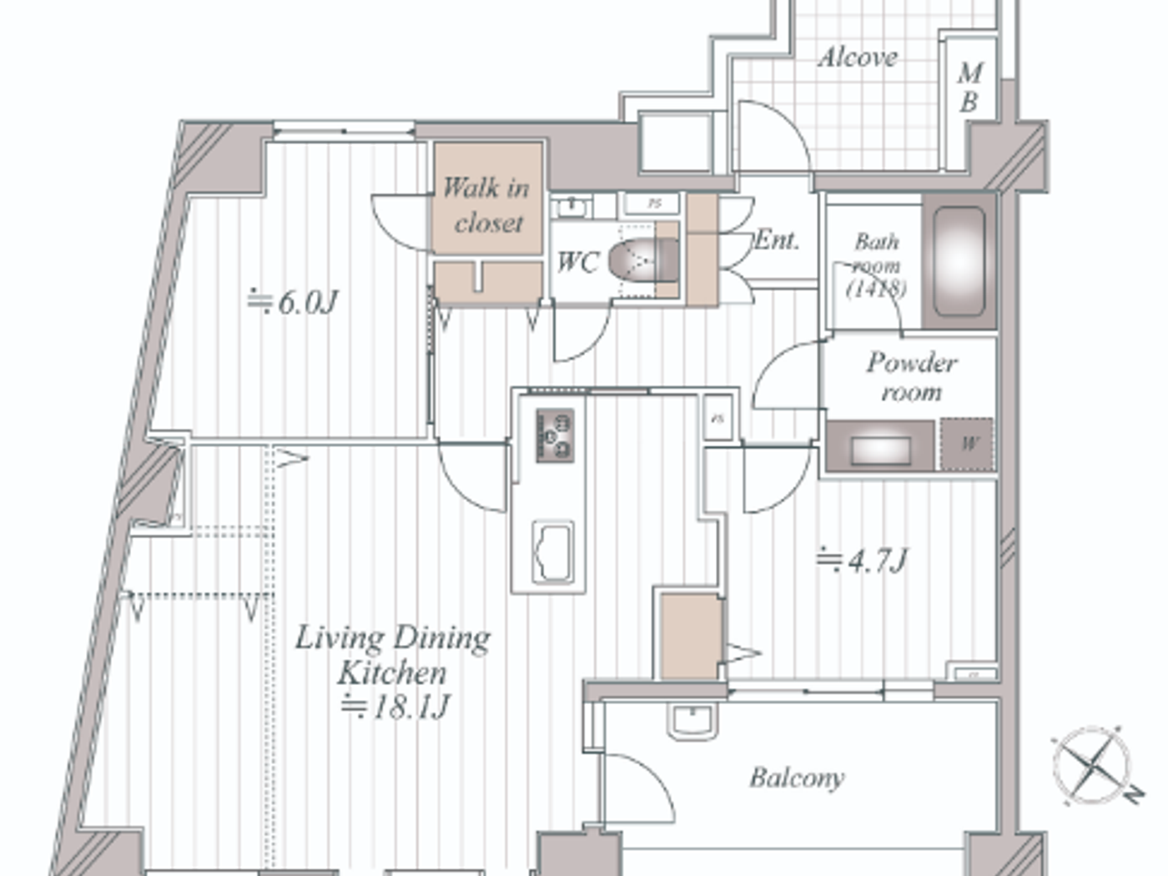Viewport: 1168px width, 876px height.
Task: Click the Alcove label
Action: click(x=858, y=58)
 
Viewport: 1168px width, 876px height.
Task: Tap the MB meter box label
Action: click(x=969, y=87)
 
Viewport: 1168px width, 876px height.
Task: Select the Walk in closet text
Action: click(x=486, y=204)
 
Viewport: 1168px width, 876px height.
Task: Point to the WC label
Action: click(x=577, y=262)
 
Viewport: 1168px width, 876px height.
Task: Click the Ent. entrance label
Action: click(x=777, y=240)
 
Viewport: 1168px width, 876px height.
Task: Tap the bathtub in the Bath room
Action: click(x=959, y=261)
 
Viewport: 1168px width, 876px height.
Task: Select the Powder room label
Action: click(x=911, y=376)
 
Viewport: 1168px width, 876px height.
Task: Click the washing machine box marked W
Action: click(x=968, y=444)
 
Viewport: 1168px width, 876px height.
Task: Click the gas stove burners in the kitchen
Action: click(x=555, y=435)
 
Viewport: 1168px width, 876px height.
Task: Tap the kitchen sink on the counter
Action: click(x=552, y=552)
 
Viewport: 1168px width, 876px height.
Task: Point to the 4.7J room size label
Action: click(x=862, y=560)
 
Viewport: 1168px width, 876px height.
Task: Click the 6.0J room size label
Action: click(x=293, y=301)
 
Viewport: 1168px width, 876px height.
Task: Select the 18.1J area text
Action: click(x=395, y=707)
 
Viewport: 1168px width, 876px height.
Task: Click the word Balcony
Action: click(x=797, y=778)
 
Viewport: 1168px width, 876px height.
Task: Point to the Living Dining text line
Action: click(x=392, y=637)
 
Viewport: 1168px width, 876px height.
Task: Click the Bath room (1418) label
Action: click(x=877, y=264)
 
